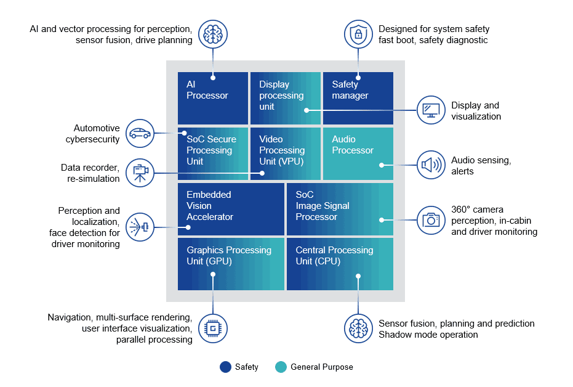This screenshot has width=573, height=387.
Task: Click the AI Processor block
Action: pos(212,98)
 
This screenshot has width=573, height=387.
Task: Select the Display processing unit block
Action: pos(285,98)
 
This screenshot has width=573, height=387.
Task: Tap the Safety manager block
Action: pos(358,98)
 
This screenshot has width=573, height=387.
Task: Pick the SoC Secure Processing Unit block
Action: pos(212,153)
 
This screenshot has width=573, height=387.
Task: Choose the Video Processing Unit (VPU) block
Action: pos(285,153)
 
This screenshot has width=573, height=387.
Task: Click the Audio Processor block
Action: pos(358,153)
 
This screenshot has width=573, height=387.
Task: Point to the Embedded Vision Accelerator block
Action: pos(231,209)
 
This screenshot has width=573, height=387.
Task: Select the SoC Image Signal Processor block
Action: pos(340,209)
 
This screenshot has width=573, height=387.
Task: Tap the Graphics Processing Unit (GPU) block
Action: pos(231,264)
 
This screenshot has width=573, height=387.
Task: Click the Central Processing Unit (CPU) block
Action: pos(340,264)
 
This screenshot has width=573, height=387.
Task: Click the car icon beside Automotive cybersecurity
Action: pos(140,133)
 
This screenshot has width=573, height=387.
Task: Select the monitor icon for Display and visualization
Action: pos(431,110)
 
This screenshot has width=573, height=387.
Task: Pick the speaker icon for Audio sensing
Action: pos(431,165)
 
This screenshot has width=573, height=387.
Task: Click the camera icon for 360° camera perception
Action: pos(431,220)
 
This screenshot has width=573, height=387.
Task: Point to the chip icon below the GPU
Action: pos(213,328)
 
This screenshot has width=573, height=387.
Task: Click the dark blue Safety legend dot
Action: pos(225,367)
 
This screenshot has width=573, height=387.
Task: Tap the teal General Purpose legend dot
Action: pos(281,367)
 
